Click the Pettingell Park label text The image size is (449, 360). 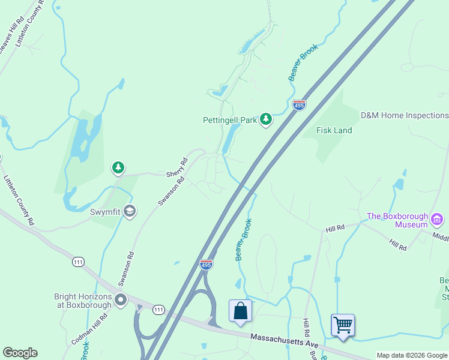pos(229,120)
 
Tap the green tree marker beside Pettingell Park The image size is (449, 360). pos(266,120)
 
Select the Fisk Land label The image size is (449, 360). pos(334,130)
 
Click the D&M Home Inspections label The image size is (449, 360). pos(404,115)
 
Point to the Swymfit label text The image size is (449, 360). pos(106,211)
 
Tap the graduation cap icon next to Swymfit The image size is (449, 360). pos(130,211)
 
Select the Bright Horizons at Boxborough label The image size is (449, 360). pos(83,301)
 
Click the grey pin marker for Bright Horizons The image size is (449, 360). pos(121,300)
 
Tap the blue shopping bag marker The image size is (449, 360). pos(240,311)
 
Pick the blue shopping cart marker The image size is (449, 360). pos(343,325)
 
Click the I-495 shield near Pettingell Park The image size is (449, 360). pos(299,105)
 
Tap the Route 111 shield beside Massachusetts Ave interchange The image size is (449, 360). pos(158,310)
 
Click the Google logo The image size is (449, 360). pos(20,353)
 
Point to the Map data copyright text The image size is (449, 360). pos(412,355)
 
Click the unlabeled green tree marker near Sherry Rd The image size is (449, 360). pos(118,168)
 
